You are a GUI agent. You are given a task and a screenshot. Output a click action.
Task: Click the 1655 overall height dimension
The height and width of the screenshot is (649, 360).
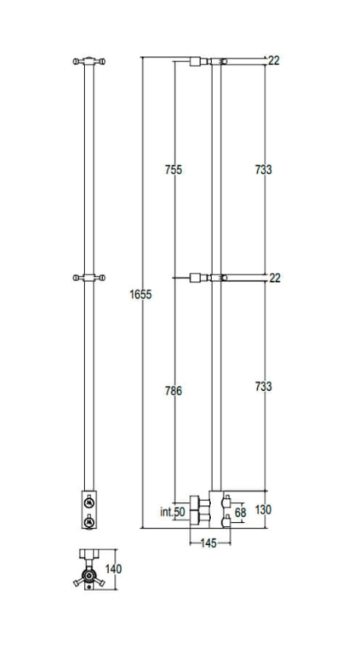tap(140, 295)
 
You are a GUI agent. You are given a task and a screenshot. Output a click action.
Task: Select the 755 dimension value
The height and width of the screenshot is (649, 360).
tap(174, 169)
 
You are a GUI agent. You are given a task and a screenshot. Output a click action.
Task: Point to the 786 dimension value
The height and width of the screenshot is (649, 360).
tap(174, 391)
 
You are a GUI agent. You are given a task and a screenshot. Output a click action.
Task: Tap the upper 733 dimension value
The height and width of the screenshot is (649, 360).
tap(264, 169)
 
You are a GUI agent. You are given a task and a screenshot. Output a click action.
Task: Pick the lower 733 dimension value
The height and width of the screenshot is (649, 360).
tap(264, 387)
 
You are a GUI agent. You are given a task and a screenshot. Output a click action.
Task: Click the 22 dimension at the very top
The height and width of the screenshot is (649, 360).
tap(274, 60)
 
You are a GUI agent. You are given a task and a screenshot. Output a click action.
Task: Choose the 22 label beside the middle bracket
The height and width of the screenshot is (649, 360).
tap(275, 278)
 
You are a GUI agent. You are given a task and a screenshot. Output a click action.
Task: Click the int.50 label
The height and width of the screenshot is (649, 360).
tap(173, 512)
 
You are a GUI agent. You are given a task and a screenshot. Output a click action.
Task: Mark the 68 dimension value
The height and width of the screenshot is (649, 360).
tap(240, 513)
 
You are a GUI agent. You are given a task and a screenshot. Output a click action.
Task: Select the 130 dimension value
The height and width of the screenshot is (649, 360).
tap(263, 510)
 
